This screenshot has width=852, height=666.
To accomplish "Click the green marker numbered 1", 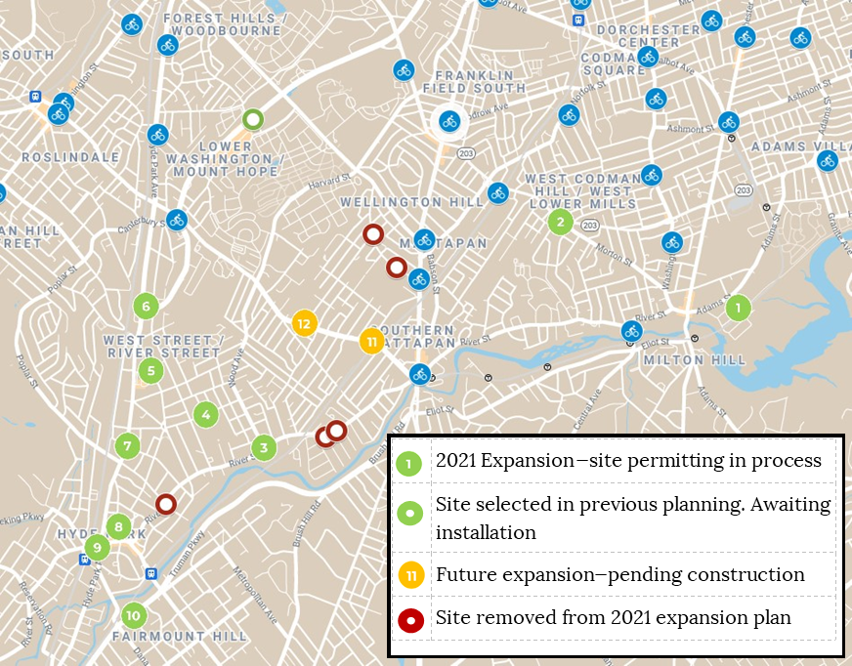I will [738, 308].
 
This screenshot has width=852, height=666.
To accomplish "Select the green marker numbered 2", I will [559, 222].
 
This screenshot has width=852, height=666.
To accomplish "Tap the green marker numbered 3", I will [263, 448].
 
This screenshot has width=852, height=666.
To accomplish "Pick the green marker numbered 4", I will [204, 414].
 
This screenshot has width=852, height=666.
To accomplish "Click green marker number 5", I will [149, 370].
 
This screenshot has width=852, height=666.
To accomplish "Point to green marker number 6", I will [146, 306].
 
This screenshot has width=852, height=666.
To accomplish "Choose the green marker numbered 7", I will [127, 446].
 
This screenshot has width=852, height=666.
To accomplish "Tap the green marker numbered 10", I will [134, 615].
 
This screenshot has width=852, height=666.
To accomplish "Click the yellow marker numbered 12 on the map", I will [304, 322].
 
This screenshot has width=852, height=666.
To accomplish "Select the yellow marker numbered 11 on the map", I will [370, 341].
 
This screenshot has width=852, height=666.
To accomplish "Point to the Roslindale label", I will [70, 157].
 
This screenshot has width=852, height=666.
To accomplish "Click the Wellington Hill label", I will [411, 202].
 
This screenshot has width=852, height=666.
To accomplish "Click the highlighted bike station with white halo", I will [449, 121].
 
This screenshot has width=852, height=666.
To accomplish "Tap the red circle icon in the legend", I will [411, 620].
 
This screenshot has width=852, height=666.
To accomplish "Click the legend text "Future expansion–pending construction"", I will [619, 575].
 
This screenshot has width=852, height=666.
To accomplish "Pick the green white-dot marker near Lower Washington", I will [253, 120].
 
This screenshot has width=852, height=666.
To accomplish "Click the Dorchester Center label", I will [649, 36].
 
